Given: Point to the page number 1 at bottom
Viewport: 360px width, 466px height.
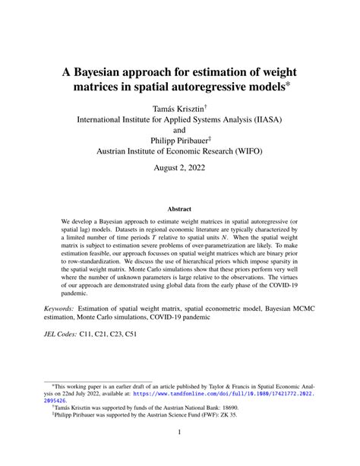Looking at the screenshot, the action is [180, 453].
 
